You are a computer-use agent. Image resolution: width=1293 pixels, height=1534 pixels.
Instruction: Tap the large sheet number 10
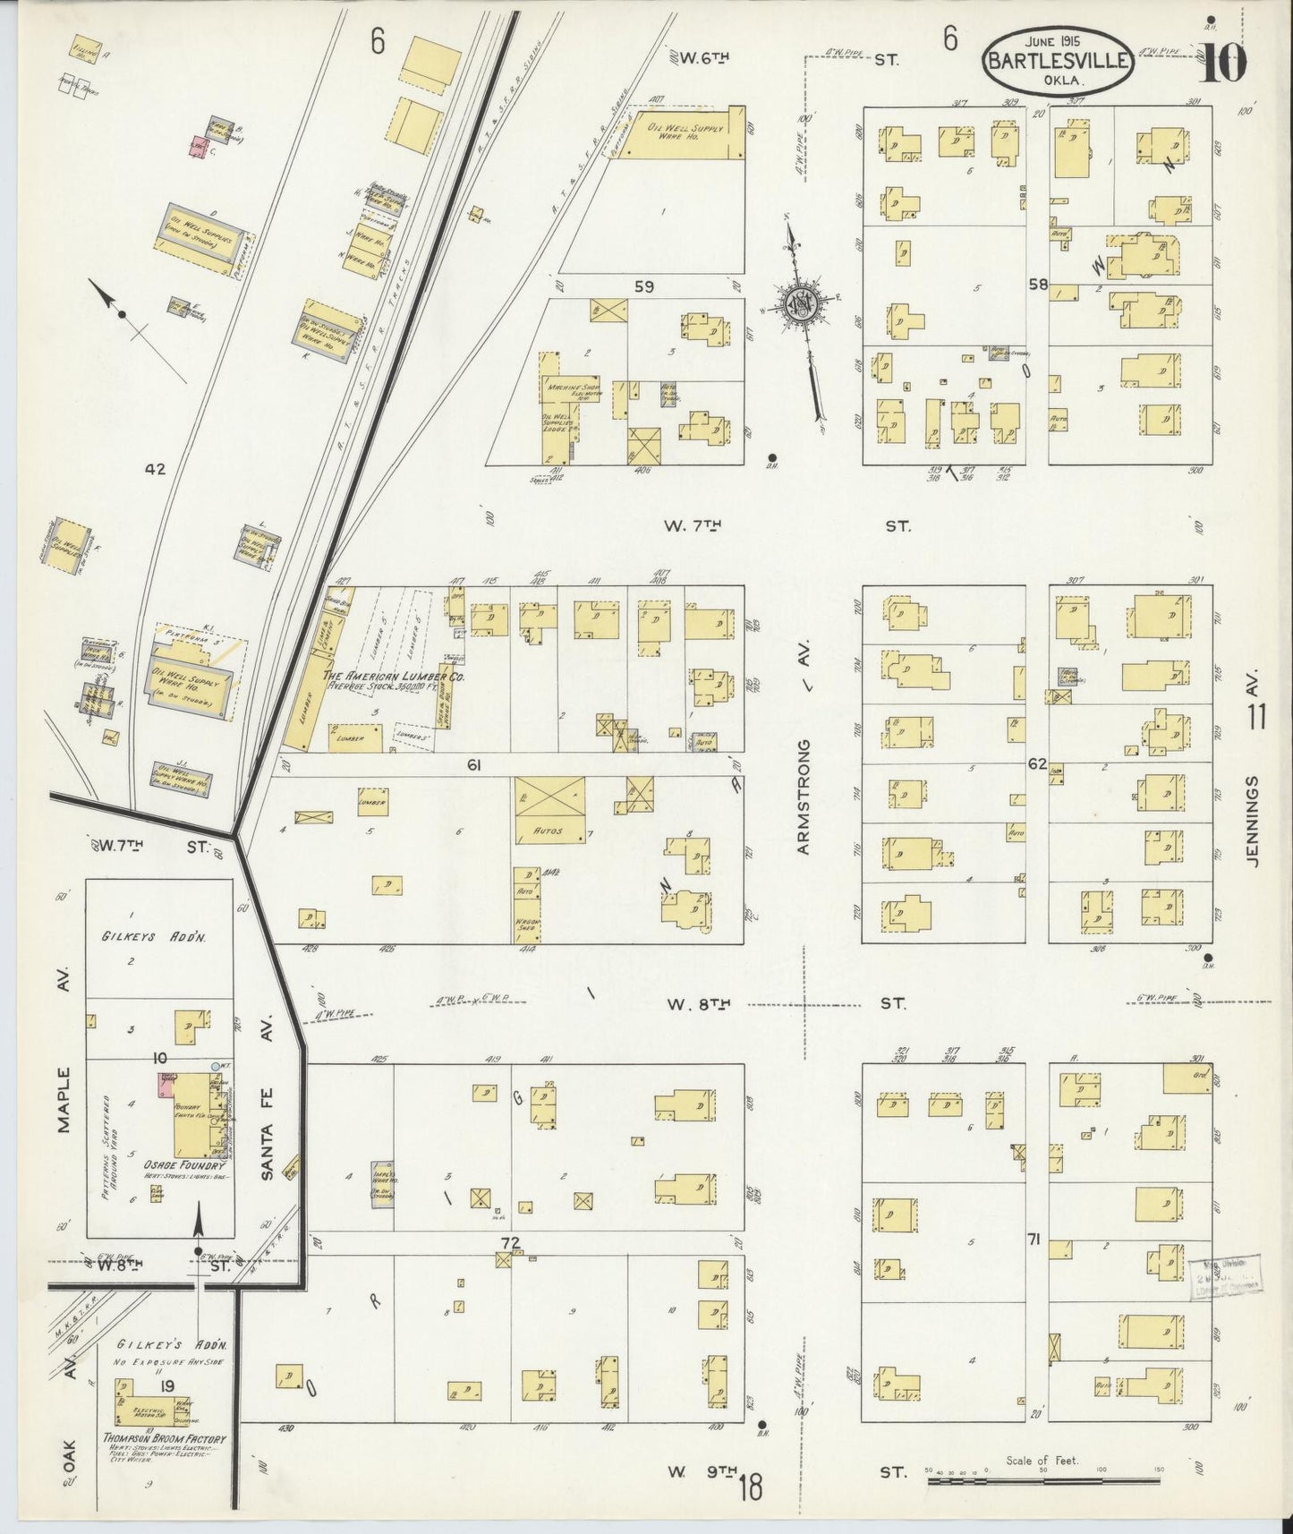pyautogui.click(x=1223, y=64)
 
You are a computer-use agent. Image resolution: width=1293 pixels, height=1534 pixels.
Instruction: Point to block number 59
pyautogui.click(x=643, y=286)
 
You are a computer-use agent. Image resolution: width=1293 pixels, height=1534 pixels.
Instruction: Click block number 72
pyautogui.click(x=511, y=1242)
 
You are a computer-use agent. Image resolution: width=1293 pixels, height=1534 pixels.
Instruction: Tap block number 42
pyautogui.click(x=157, y=467)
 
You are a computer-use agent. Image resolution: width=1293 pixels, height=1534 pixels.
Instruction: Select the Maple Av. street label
pyautogui.click(x=64, y=1099)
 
